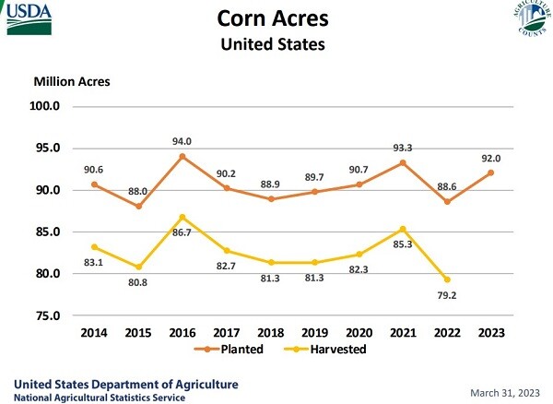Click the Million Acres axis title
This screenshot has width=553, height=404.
point(72,81)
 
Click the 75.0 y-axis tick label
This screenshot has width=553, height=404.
point(45,316)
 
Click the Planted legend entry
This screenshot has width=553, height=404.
point(230,350)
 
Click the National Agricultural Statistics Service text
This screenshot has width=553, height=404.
point(98,398)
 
